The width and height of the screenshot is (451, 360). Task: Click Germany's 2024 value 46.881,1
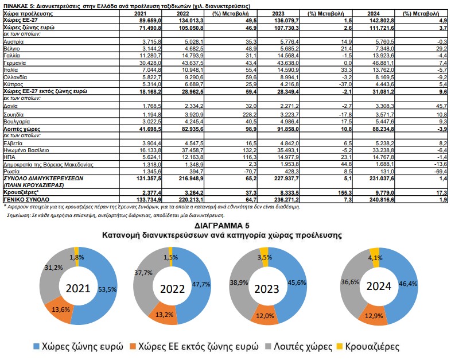pyautogui.click(x=380, y=63)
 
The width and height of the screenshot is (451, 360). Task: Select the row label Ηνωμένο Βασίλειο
pyautogui.click(x=26, y=150)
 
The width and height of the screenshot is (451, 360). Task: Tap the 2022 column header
pyautogui.click(x=182, y=14)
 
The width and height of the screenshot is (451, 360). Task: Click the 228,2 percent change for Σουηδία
pyautogui.click(x=250, y=114)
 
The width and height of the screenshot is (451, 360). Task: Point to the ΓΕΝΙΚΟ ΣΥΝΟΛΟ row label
pyautogui.click(x=26, y=199)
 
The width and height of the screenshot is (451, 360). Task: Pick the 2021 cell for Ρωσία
pyautogui.click(x=150, y=172)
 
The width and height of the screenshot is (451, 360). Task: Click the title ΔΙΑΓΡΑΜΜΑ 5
pyautogui.click(x=221, y=225)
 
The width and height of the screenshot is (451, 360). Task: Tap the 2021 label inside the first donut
pyautogui.click(x=78, y=288)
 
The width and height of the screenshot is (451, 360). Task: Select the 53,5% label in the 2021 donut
pyautogui.click(x=107, y=289)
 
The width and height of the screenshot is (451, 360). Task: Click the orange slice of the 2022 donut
pyautogui.click(x=164, y=314)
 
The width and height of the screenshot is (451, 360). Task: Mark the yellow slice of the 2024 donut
pyautogui.click(x=374, y=254)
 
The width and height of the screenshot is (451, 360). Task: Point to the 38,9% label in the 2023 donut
pyautogui.click(x=239, y=282)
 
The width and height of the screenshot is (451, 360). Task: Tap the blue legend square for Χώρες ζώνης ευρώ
pyautogui.click(x=36, y=346)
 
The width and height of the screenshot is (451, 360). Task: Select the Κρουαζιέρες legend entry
pyautogui.click(x=368, y=346)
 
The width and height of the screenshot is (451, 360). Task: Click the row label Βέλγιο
pyautogui.click(x=11, y=49)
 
